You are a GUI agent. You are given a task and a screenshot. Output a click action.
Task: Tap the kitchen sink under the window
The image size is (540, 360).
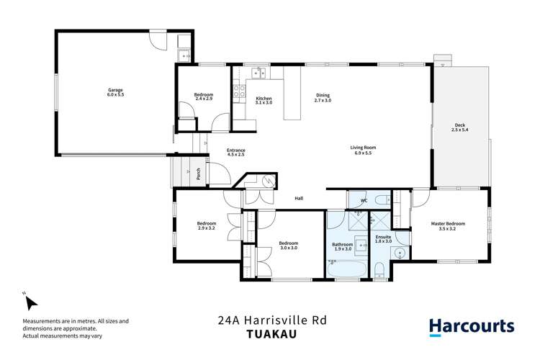tap(257, 72)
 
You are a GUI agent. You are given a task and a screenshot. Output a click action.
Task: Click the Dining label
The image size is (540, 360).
tap(323, 96)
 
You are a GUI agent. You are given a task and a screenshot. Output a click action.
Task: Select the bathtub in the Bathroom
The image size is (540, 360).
tap(348, 271)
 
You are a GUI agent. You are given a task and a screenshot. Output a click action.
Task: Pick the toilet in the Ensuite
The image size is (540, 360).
tap(379, 271)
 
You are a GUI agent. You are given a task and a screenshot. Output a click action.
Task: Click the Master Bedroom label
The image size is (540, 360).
tap(448, 224)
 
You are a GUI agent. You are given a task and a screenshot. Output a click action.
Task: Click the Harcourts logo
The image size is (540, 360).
tap(472, 326)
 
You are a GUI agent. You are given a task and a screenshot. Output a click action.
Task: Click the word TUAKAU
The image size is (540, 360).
tap(269, 333)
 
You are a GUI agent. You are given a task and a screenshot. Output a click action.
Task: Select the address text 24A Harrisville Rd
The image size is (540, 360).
tap(269, 319)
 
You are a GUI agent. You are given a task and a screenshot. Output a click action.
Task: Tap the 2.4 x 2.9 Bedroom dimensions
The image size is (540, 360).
tap(204, 99)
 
